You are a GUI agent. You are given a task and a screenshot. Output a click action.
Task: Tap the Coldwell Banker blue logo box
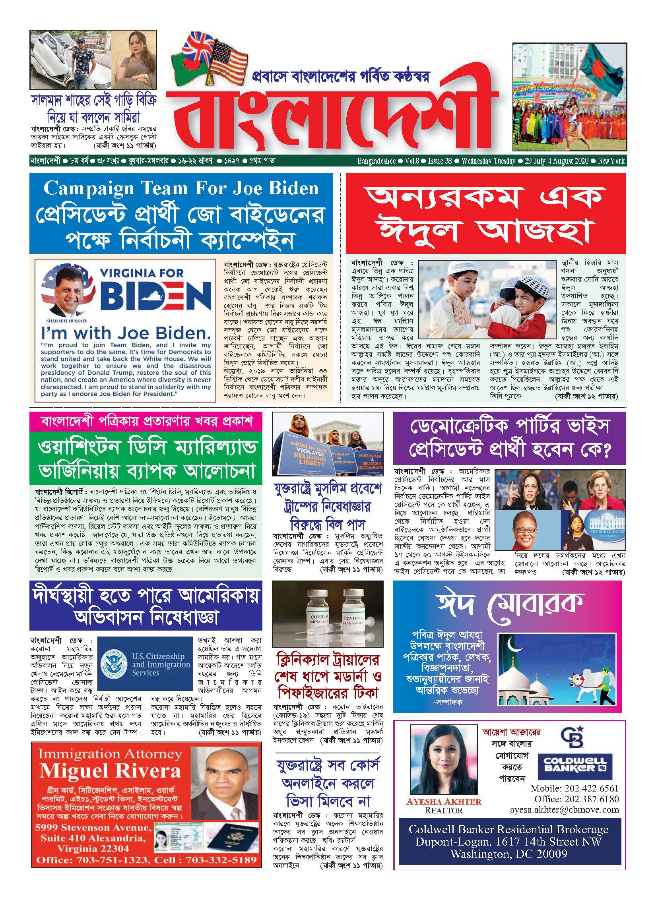tap(575, 764)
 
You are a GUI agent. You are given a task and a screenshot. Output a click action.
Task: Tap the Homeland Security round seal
tap(114, 663)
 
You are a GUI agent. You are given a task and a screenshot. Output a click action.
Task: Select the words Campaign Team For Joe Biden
tap(181, 188)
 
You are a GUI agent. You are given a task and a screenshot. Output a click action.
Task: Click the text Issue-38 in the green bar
tap(440, 161)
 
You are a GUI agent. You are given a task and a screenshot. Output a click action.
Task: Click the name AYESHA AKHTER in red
tap(444, 801)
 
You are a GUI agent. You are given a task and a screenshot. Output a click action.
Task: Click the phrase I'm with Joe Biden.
tap(126, 333)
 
